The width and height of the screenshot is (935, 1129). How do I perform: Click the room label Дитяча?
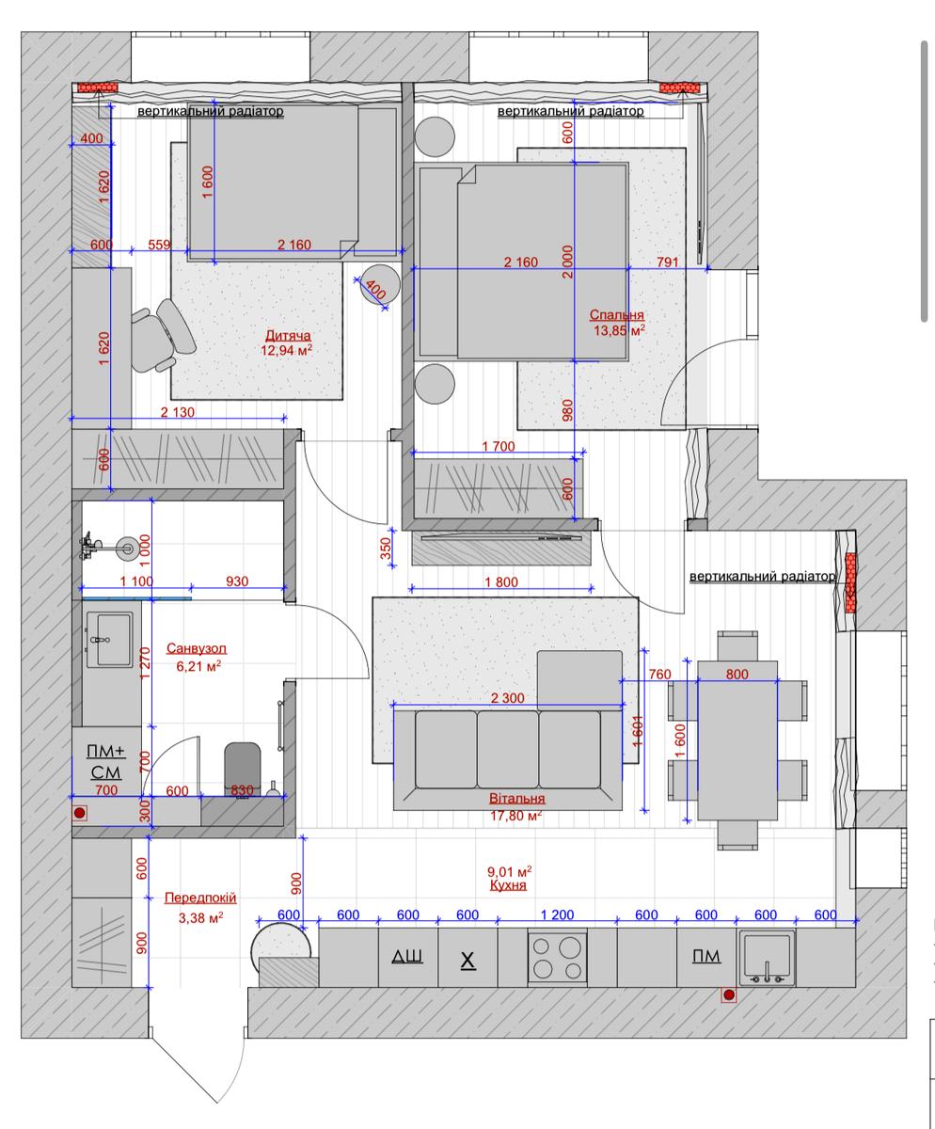pyautogui.click(x=288, y=335)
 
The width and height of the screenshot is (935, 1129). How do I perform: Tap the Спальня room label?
pyautogui.click(x=616, y=314)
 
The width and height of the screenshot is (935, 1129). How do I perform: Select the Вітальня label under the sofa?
pyautogui.click(x=517, y=798)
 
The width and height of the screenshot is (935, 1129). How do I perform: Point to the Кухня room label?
pyautogui.click(x=508, y=885)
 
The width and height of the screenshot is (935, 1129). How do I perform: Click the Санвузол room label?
pyautogui.click(x=197, y=648)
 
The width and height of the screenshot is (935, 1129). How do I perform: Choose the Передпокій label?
pyautogui.click(x=200, y=898)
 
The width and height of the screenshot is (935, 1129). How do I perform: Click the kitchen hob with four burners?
pyautogui.click(x=557, y=959)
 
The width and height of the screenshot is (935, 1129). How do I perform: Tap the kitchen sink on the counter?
pyautogui.click(x=767, y=958)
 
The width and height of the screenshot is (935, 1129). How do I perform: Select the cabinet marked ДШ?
pyautogui.click(x=407, y=957)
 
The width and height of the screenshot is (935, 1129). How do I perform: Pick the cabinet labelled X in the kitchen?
pyautogui.click(x=467, y=957)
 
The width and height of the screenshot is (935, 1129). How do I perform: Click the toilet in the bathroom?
pyautogui.click(x=243, y=769)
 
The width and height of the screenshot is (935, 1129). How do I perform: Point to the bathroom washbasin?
pyautogui.click(x=110, y=640)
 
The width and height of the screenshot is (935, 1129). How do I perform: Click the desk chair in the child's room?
pyautogui.click(x=164, y=336)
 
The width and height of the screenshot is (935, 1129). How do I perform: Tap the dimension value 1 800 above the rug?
pyautogui.click(x=501, y=581)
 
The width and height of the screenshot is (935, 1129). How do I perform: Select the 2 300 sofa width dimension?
pyautogui.click(x=507, y=697)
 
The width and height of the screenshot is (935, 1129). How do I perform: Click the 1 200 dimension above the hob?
pyautogui.click(x=557, y=914)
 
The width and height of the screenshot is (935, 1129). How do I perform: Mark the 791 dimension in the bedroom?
pyautogui.click(x=667, y=262)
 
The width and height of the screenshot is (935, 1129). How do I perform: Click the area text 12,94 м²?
pyautogui.click(x=286, y=350)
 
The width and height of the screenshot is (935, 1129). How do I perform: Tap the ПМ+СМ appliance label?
pyautogui.click(x=106, y=762)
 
